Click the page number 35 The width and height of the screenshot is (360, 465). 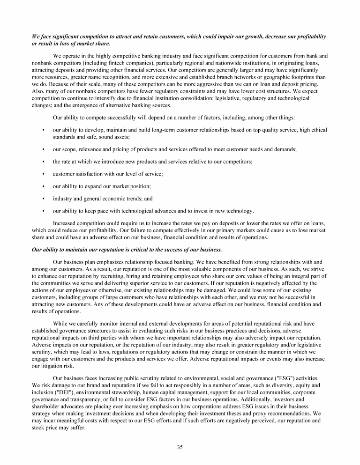pos(180,447)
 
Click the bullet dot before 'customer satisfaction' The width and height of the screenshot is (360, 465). pos(44,174)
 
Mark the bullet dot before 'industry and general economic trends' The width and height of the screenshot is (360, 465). pos(44,199)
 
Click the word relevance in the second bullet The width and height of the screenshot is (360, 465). pos(88,150)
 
